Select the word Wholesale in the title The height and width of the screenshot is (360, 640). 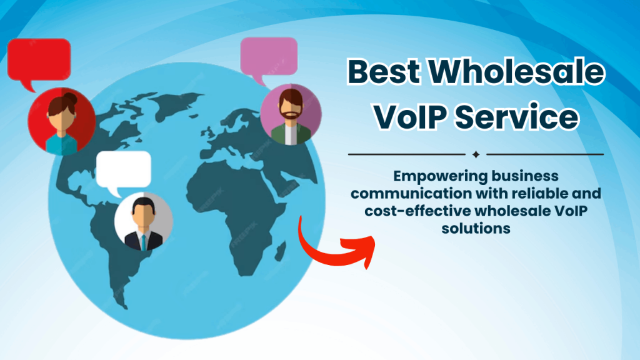click(518, 73)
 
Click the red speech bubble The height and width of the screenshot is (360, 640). click(39, 59)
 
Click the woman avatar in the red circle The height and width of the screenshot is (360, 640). click(61, 119)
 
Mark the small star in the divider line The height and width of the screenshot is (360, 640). click(476, 154)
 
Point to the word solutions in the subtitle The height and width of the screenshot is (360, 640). click(476, 229)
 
